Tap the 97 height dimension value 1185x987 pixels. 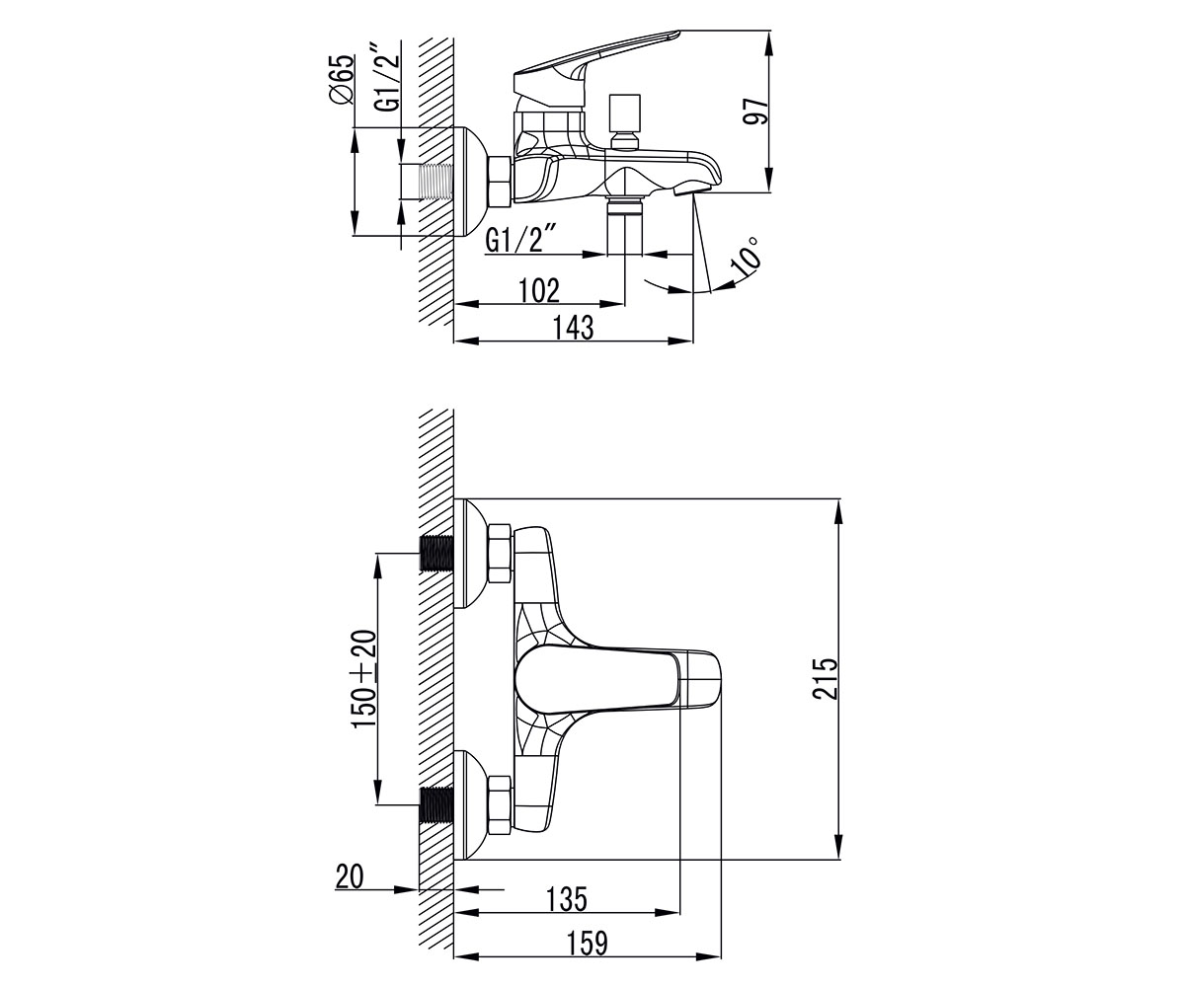(x=756, y=111)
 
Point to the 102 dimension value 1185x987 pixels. (x=539, y=290)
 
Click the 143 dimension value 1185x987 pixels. (x=573, y=328)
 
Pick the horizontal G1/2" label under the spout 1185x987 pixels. (x=520, y=238)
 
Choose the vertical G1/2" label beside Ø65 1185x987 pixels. (x=388, y=77)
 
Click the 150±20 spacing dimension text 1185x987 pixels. (x=363, y=679)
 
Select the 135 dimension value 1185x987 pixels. (x=567, y=899)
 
